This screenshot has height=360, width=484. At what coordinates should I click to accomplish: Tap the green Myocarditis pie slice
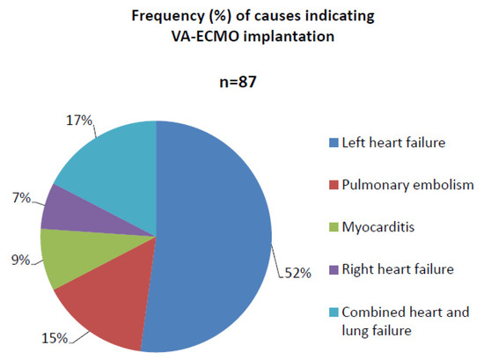pyautogui.click(x=66, y=257)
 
